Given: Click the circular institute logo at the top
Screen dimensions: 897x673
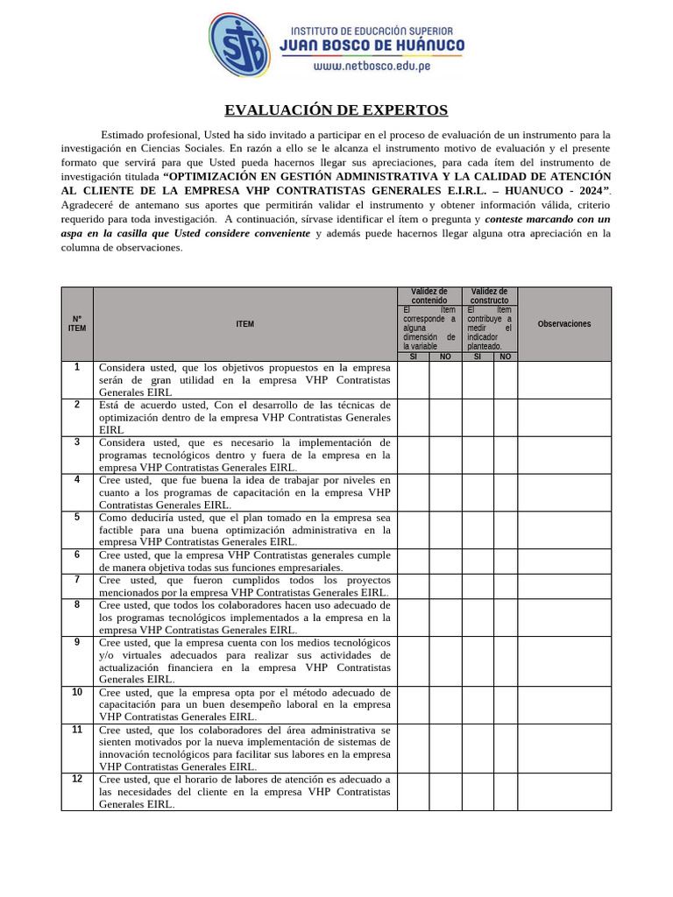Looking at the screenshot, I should pos(240,46).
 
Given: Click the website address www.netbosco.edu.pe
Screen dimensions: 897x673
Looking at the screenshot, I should pos(372,67).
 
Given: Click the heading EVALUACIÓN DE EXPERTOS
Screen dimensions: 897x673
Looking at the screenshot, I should pos(336,110).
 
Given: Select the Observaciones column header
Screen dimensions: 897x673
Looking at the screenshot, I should pos(563,324).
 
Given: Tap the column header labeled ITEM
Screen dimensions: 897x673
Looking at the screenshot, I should pos(244,324).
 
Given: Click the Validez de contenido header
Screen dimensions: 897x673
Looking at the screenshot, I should pos(429,296).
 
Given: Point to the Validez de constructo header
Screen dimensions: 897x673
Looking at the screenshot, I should pos(489,296).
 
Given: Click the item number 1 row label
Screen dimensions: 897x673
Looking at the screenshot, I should pos(77,367).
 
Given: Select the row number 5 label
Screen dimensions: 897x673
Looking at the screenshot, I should pos(77,517).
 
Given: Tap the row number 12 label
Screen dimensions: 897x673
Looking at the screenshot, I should pos(77,779).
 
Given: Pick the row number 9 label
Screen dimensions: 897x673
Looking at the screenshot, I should pos(77,642).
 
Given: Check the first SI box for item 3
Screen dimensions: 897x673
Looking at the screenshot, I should pos(413,455).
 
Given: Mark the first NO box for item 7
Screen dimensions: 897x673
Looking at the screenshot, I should pos(445,586).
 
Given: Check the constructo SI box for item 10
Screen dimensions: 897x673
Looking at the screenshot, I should pos(478,704).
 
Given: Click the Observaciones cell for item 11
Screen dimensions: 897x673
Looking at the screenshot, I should pos(563,747).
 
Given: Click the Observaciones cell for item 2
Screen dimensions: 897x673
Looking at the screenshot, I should pos(563,417).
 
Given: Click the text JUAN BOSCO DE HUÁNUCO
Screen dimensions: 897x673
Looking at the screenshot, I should pos(372,46).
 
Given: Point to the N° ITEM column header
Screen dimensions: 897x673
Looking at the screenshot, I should pos(77,324).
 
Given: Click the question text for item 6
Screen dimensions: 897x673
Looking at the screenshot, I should pos(244,561).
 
